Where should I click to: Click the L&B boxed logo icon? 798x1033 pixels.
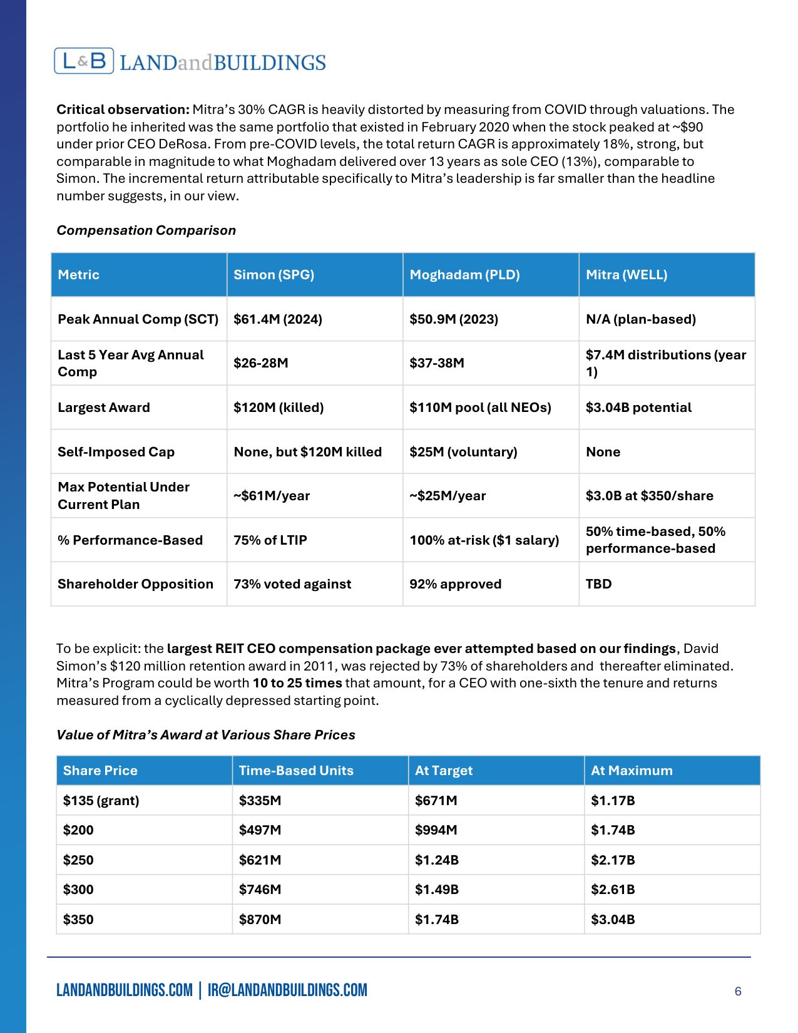pyautogui.click(x=84, y=61)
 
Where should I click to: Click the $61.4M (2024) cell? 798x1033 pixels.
pyautogui.click(x=278, y=319)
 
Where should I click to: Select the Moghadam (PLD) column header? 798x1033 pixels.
pyautogui.click(x=464, y=275)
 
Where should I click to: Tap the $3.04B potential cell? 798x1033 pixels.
pyautogui.click(x=638, y=408)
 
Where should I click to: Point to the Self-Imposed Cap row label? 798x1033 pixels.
pyautogui.click(x=116, y=452)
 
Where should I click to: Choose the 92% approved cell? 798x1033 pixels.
pyautogui.click(x=455, y=584)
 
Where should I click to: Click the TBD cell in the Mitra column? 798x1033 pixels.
pyautogui.click(x=598, y=584)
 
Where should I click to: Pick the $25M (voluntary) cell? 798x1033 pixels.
pyautogui.click(x=463, y=452)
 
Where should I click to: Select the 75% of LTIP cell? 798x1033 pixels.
pyautogui.click(x=270, y=540)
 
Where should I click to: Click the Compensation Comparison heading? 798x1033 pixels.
pyautogui.click(x=146, y=230)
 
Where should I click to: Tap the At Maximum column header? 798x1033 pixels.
pyautogui.click(x=632, y=771)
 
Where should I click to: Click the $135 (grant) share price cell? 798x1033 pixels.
pyautogui.click(x=101, y=801)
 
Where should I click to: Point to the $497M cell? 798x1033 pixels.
pyautogui.click(x=260, y=830)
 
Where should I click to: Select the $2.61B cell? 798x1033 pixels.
pyautogui.click(x=613, y=890)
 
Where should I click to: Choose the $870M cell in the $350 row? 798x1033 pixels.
pyautogui.click(x=260, y=920)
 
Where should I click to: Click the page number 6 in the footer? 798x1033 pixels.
pyautogui.click(x=738, y=991)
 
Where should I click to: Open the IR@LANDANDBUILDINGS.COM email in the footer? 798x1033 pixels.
pyautogui.click(x=287, y=990)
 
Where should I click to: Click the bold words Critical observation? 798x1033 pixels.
pyautogui.click(x=123, y=110)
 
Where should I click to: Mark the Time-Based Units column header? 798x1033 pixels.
pyautogui.click(x=296, y=771)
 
